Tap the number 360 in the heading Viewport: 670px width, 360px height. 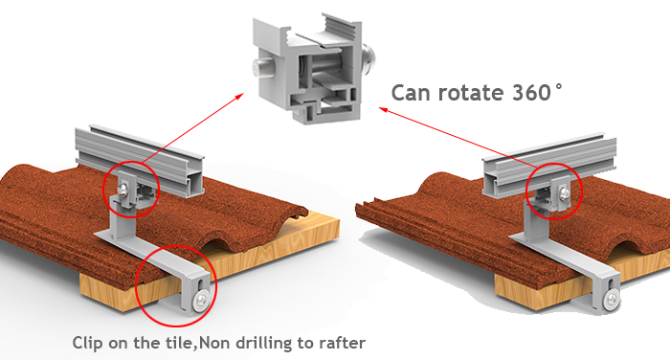click(x=534, y=93)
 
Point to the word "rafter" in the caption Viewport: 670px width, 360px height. click(x=339, y=341)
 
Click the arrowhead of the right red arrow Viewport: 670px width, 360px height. click(x=384, y=110)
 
